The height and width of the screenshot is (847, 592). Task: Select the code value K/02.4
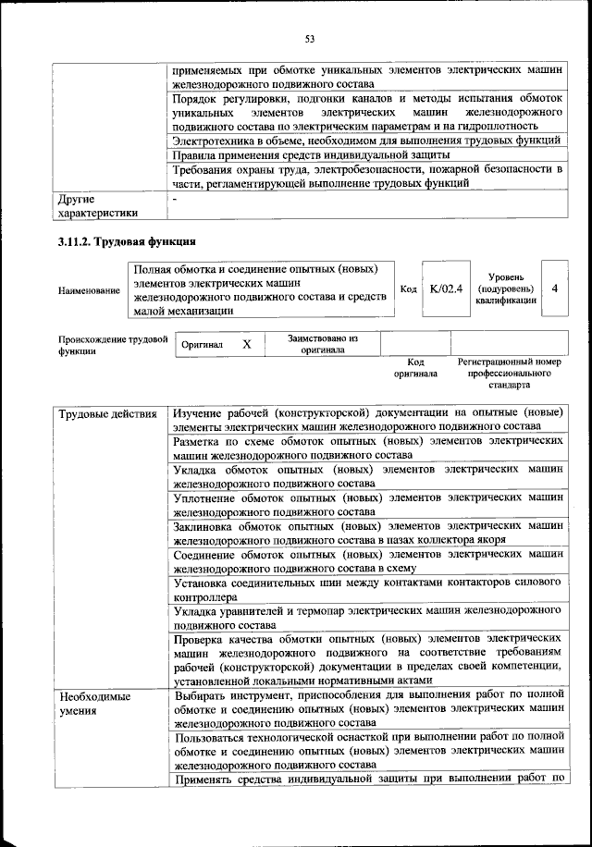pyautogui.click(x=446, y=288)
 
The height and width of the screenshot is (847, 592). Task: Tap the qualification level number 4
pyautogui.click(x=554, y=288)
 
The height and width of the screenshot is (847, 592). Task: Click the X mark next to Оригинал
pyautogui.click(x=246, y=344)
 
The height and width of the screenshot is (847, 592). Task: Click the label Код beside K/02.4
pyautogui.click(x=408, y=289)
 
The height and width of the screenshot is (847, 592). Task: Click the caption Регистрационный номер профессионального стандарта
pyautogui.click(x=510, y=373)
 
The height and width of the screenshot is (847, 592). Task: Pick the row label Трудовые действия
pyautogui.click(x=107, y=413)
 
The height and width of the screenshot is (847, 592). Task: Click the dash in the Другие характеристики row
pyautogui.click(x=175, y=198)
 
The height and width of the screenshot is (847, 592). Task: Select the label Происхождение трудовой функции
pyautogui.click(x=111, y=344)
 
